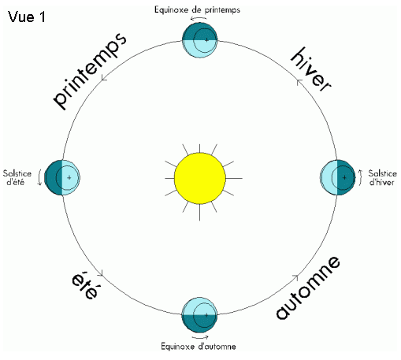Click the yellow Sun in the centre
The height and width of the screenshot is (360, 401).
(200, 178)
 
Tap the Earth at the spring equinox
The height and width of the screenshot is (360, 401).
(200, 40)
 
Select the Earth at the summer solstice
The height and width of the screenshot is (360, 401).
(62, 177)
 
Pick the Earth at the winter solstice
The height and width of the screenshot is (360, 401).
(338, 177)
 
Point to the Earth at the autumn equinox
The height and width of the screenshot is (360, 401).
(200, 315)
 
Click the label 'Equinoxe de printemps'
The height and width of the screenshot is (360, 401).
(197, 10)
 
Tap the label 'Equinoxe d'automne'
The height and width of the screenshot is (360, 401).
(199, 346)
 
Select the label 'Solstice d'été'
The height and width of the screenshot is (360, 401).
(17, 177)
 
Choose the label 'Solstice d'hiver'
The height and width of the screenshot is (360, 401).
(382, 177)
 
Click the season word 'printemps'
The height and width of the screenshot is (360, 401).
(90, 70)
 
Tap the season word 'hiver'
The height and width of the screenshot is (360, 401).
(310, 69)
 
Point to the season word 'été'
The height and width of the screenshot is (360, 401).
(85, 286)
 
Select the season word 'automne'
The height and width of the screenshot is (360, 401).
(308, 288)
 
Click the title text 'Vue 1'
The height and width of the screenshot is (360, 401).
(27, 17)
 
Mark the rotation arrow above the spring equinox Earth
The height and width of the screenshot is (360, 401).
(199, 18)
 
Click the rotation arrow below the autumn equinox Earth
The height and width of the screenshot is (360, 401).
(200, 337)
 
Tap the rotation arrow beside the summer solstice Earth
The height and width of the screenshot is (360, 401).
(39, 177)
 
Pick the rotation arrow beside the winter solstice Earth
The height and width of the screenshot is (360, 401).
(360, 178)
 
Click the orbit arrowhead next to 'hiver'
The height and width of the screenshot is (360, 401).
(299, 82)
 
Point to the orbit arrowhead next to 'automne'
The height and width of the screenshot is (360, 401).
(295, 276)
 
